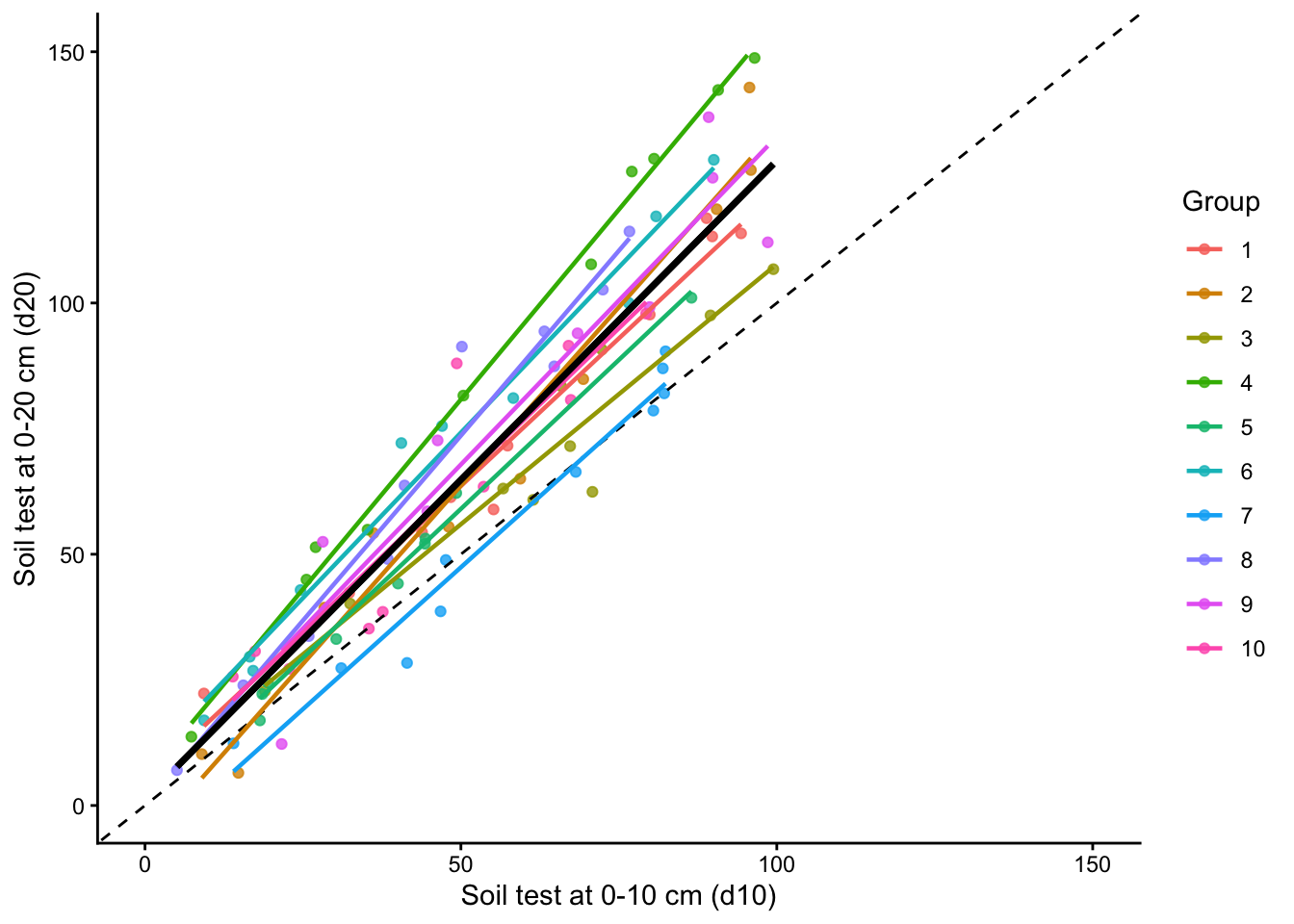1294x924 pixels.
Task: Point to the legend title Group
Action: (1220, 202)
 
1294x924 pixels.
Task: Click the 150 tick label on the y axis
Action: (66, 52)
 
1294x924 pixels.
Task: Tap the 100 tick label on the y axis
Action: (66, 303)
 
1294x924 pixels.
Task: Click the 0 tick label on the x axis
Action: (144, 864)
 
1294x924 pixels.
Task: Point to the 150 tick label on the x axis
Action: (1093, 864)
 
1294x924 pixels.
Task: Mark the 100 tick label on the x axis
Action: (776, 864)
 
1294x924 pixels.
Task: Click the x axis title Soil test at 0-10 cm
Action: (618, 896)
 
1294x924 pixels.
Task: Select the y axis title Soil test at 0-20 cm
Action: (26, 428)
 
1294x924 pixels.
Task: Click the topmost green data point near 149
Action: (754, 58)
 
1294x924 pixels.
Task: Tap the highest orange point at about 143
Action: (749, 88)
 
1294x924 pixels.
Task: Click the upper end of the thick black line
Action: (772, 166)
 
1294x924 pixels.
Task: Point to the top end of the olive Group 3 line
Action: (773, 269)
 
